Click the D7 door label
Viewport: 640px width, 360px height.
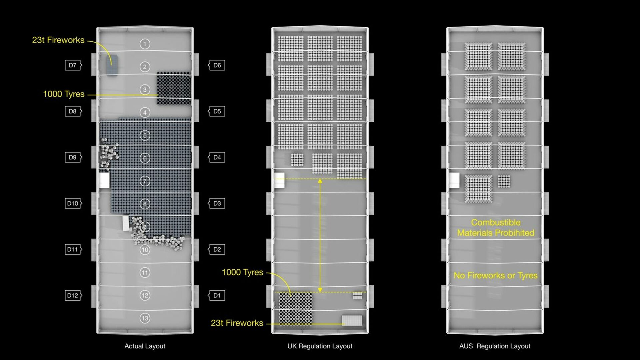pos(73,65)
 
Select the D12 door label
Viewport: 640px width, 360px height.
pos(73,295)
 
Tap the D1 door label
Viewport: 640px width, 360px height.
pos(217,295)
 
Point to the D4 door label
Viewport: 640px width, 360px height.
pos(217,157)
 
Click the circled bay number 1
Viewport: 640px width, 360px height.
pos(145,44)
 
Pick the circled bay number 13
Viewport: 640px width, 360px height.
pos(145,318)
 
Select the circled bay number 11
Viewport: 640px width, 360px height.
pos(145,273)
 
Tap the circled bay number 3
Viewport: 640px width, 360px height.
pos(145,90)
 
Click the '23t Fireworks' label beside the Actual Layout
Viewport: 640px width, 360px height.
pos(58,40)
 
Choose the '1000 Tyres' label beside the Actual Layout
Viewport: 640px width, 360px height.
pos(64,94)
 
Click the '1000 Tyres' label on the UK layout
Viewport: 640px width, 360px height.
pos(242,272)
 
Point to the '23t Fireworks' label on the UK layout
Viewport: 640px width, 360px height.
pos(237,323)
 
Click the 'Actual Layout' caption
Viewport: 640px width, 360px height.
pos(145,346)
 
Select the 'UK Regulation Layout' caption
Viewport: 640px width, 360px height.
pos(320,346)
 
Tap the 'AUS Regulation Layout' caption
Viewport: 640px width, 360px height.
pos(495,346)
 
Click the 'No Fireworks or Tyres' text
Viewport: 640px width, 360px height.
pos(496,275)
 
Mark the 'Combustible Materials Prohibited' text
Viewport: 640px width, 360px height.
pos(496,228)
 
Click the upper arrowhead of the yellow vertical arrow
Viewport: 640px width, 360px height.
pos(320,181)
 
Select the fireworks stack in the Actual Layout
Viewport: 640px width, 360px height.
pos(112,65)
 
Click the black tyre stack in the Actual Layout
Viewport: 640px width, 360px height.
pos(174,89)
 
